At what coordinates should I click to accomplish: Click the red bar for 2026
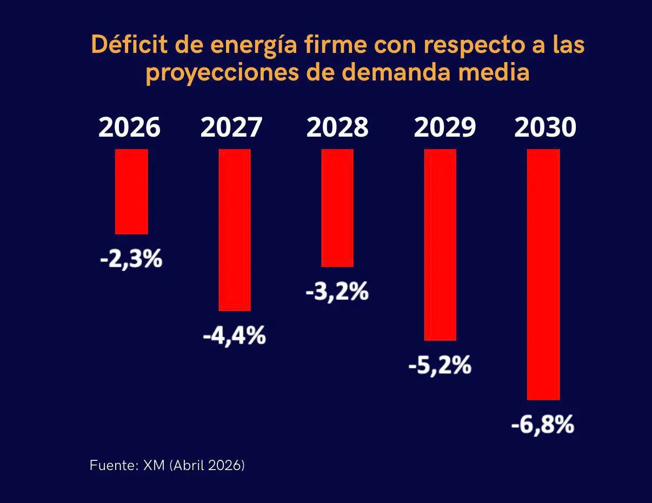point(131,191)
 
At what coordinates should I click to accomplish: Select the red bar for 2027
point(234,230)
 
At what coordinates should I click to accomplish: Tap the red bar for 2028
point(337,207)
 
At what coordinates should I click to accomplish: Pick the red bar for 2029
point(440,244)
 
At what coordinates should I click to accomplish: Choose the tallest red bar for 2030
point(543,274)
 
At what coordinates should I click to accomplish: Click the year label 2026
point(130,128)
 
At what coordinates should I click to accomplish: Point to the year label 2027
point(231,128)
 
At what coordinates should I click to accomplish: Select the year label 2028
point(337,128)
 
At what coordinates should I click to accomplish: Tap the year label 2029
point(445,128)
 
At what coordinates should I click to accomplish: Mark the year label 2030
point(545,128)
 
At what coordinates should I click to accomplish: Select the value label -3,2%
point(337,292)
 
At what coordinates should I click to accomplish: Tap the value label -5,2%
point(440,366)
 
